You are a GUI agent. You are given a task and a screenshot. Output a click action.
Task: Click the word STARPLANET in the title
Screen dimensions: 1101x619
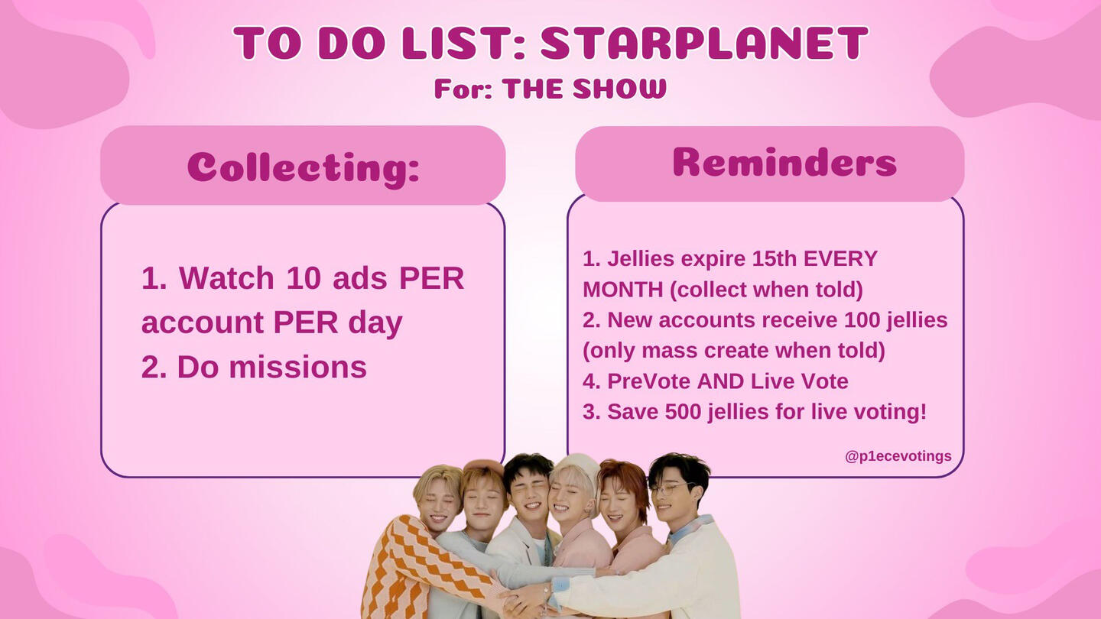(x=704, y=43)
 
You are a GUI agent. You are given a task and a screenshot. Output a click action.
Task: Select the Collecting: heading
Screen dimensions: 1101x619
(x=304, y=168)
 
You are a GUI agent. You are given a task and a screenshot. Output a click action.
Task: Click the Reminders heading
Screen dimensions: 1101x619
(x=784, y=162)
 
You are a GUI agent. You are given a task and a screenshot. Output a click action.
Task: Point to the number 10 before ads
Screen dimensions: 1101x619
(x=304, y=278)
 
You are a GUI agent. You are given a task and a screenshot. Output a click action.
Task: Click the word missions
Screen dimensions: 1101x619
(x=297, y=367)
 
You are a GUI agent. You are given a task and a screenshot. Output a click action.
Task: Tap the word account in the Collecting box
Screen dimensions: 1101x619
(x=203, y=322)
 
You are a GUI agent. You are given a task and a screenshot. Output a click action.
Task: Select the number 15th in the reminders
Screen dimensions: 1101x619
(x=774, y=258)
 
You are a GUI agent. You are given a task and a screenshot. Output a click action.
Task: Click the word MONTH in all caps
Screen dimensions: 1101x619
(x=622, y=290)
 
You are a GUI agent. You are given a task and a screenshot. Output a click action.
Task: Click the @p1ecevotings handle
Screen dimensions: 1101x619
(x=898, y=456)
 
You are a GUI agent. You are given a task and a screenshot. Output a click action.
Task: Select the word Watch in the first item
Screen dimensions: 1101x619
(x=226, y=278)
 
